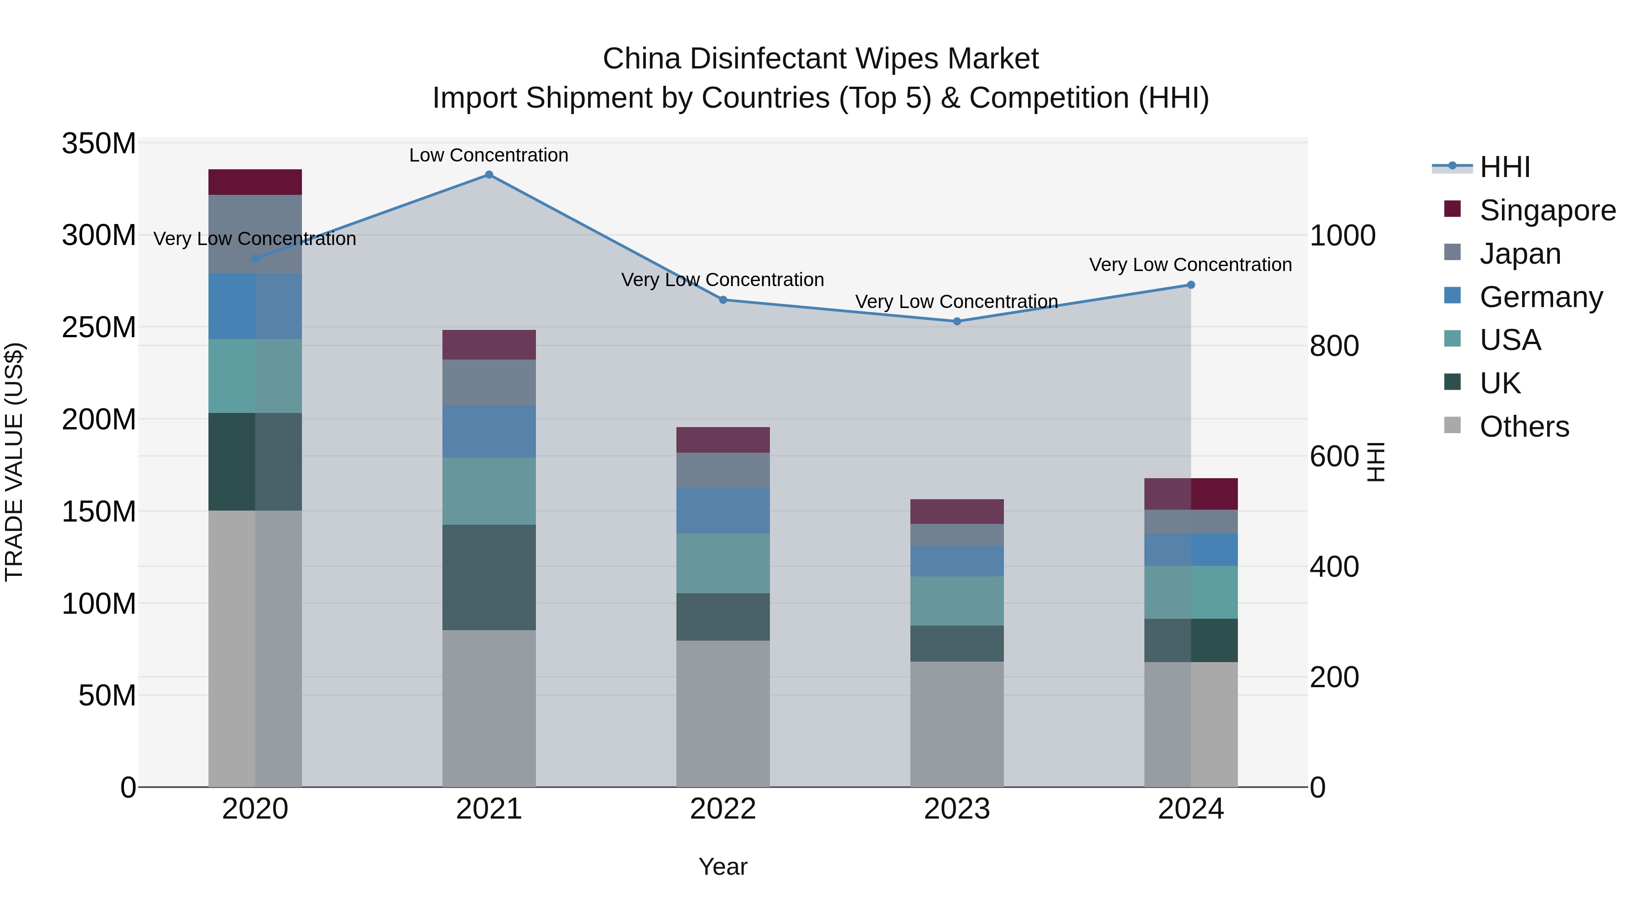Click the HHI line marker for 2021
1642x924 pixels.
(x=489, y=175)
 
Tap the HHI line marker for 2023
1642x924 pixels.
(x=957, y=321)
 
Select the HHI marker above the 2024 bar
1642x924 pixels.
(x=1191, y=285)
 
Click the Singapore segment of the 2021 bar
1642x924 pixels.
(x=489, y=345)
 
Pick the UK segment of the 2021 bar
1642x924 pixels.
(x=489, y=577)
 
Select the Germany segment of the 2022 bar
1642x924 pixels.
(x=723, y=511)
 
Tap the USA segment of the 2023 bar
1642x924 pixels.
(x=957, y=600)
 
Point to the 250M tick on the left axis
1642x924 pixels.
(x=99, y=327)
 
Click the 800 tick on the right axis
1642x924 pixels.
(x=1334, y=346)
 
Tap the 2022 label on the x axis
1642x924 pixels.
(x=723, y=809)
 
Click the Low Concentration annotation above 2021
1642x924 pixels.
(x=489, y=155)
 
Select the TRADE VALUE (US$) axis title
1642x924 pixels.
(x=14, y=462)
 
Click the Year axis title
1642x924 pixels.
(x=723, y=867)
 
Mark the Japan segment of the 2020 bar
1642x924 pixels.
(x=255, y=234)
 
